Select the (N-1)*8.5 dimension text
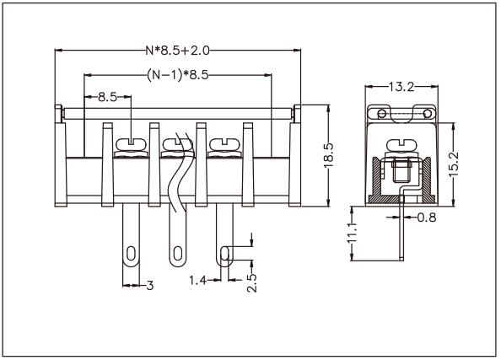(178, 75)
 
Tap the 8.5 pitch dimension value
(107, 97)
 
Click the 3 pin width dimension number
(149, 286)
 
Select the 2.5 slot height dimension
(251, 282)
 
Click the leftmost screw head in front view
(132, 146)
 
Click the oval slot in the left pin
(132, 253)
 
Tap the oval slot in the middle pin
(178, 253)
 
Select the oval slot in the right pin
(224, 254)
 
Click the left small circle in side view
(380, 113)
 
